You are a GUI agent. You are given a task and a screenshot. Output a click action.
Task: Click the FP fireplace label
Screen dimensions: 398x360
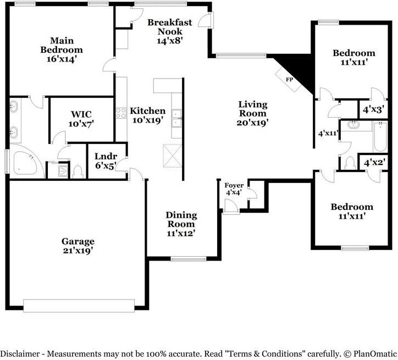tap(289, 80)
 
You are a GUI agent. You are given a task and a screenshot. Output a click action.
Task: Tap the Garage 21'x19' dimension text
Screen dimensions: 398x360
tap(78, 251)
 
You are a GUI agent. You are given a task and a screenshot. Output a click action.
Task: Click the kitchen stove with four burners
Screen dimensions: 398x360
tap(121, 113)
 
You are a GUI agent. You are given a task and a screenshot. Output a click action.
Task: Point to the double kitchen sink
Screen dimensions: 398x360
tap(176, 118)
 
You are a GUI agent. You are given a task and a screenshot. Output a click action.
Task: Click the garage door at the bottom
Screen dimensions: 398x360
tap(79, 306)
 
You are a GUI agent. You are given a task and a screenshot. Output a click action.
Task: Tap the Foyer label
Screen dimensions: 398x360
tap(234, 185)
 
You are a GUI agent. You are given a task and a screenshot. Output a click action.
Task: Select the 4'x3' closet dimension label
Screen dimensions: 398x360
tap(373, 109)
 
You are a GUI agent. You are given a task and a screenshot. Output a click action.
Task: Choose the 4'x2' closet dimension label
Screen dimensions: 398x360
tap(374, 162)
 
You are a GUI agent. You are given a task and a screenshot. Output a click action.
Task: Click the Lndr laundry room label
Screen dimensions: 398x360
tap(106, 156)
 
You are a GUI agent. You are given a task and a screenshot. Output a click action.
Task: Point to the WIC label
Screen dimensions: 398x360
tap(81, 114)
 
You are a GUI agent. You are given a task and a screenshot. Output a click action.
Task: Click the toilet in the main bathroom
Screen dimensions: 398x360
tap(78, 172)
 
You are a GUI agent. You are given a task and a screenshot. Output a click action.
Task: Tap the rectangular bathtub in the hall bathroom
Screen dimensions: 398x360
tap(380, 137)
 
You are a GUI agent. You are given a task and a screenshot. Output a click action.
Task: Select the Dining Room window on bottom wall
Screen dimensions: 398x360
tap(189, 259)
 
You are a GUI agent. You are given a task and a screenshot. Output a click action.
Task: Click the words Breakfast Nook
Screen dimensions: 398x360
tap(170, 27)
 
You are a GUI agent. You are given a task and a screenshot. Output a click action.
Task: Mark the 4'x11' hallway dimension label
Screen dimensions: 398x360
tap(328, 133)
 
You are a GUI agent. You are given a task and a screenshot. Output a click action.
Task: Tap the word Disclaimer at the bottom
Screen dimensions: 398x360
tap(20, 353)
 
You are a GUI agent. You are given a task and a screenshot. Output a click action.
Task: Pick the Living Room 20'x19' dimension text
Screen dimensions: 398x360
tap(252, 123)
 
